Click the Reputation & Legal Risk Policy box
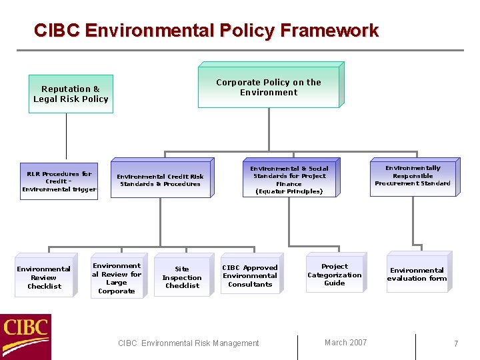(x=71, y=94)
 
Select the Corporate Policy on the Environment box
(x=269, y=87)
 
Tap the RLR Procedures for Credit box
(x=59, y=181)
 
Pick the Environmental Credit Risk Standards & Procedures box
(x=160, y=180)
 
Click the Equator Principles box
(x=289, y=180)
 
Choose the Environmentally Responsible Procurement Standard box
(x=413, y=177)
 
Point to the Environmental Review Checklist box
(x=43, y=277)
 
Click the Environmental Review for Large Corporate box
(x=117, y=278)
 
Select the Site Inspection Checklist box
(x=182, y=277)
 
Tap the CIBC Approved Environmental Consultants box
(x=250, y=275)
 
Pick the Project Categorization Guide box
(x=335, y=275)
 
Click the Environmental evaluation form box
(x=417, y=274)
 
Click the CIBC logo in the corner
(x=26, y=337)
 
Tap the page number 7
(x=456, y=344)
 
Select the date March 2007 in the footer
(x=345, y=343)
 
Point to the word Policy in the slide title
(x=243, y=31)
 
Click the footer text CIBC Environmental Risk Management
(x=188, y=343)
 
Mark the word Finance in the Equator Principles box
(x=289, y=184)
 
